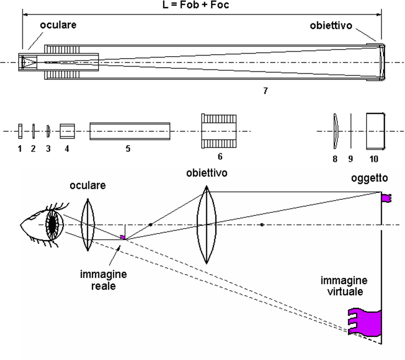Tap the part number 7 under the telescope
[265, 91]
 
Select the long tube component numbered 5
[129, 131]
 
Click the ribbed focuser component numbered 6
[219, 131]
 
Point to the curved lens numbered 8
[335, 131]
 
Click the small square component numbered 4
[67, 131]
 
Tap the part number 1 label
[19, 149]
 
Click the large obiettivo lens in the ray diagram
[206, 224]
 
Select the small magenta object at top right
[386, 197]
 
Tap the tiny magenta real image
[122, 237]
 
